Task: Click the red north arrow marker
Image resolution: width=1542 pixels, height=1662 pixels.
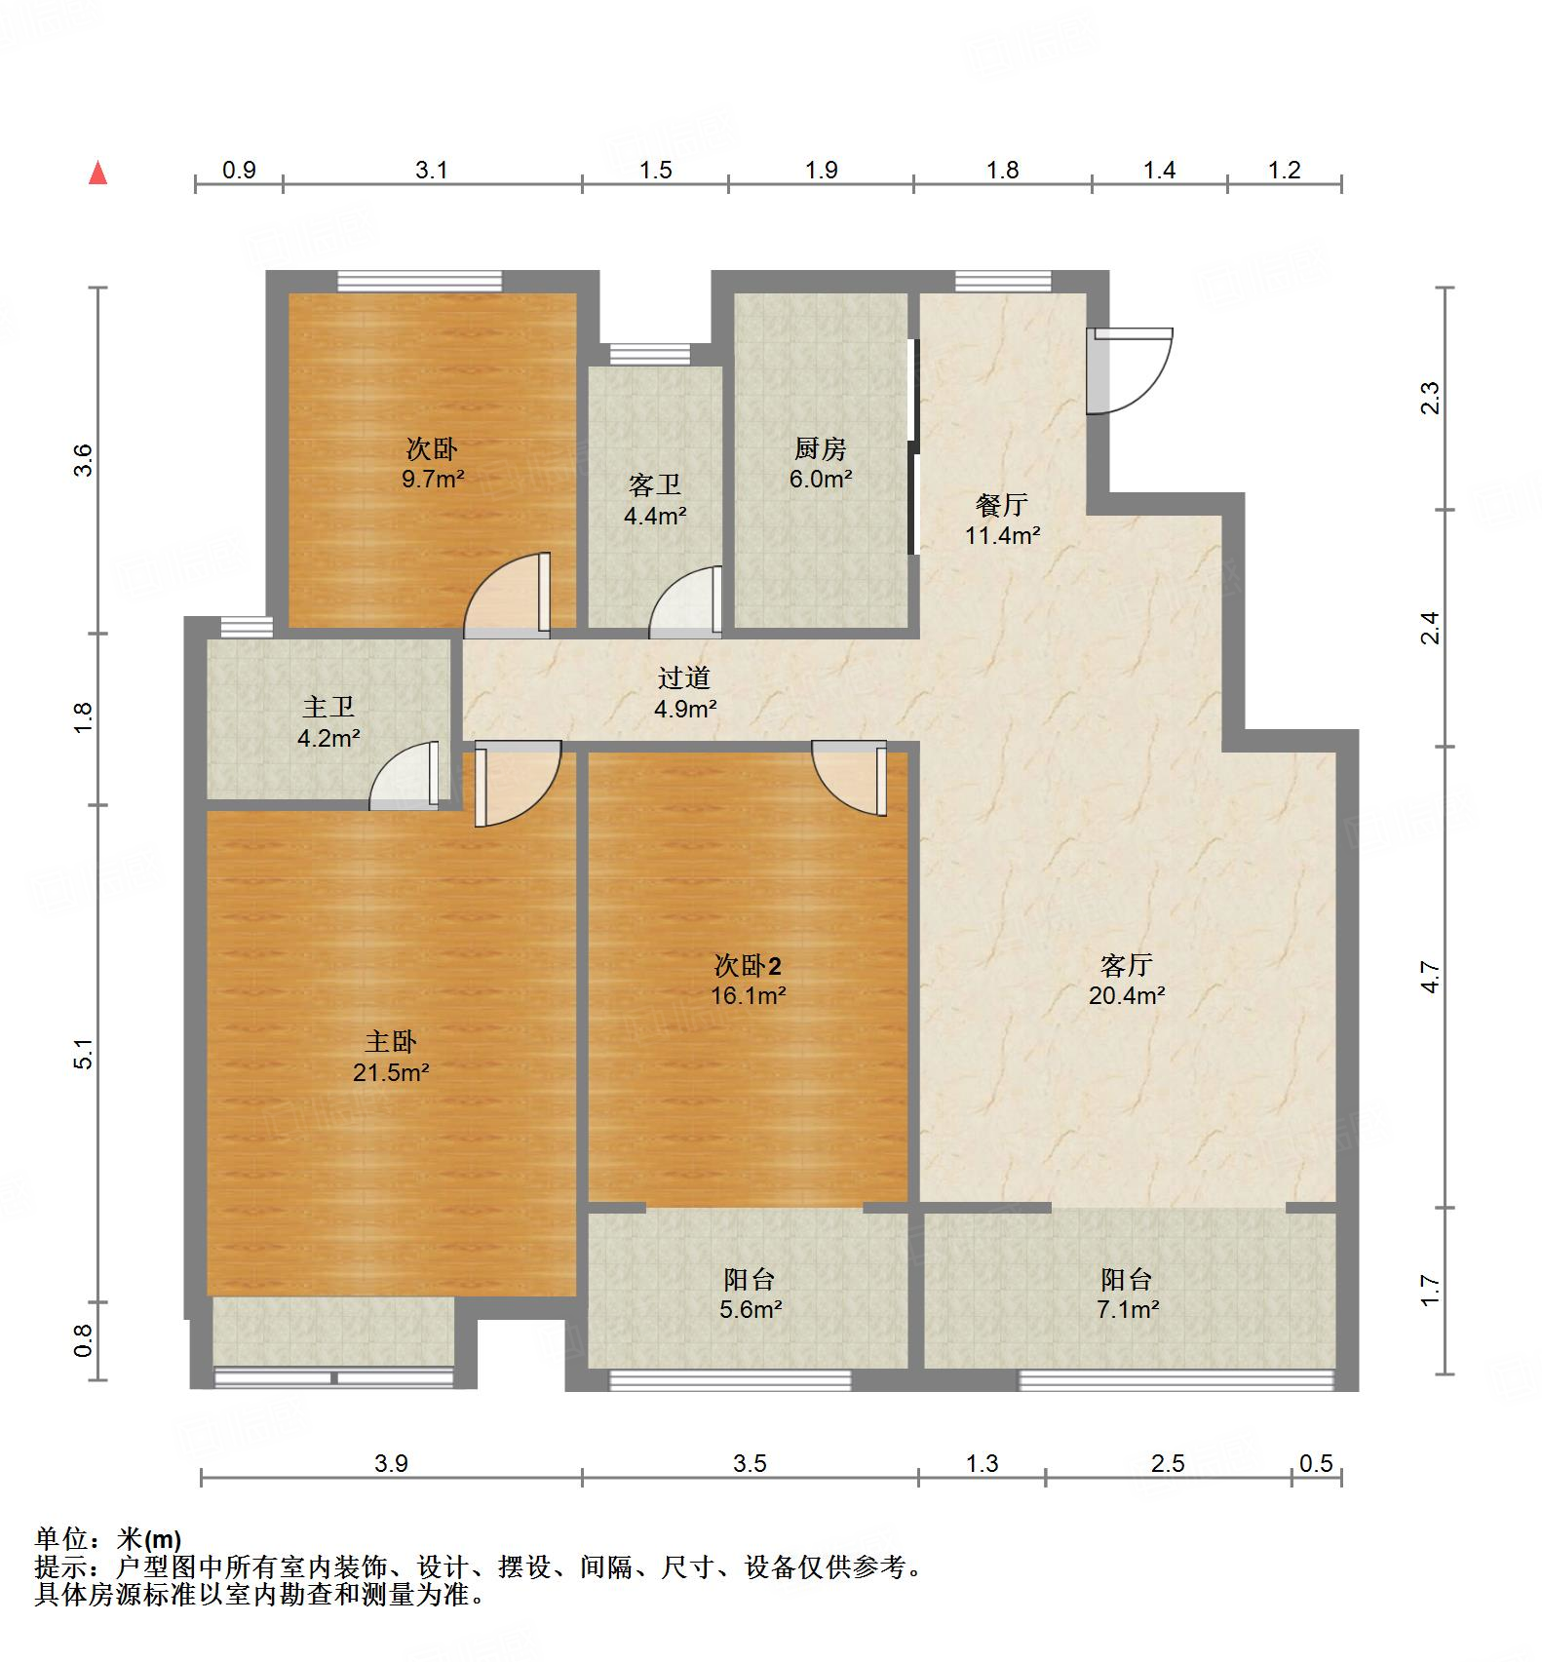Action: tap(97, 174)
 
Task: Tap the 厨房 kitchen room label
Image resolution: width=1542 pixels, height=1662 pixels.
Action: tap(820, 449)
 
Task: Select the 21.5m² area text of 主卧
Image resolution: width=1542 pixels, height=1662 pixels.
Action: tap(391, 1073)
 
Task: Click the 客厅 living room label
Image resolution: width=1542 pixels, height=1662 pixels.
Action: tap(1127, 965)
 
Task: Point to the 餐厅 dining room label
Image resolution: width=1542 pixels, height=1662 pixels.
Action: tap(1002, 505)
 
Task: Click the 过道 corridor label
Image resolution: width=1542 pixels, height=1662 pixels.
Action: tap(683, 677)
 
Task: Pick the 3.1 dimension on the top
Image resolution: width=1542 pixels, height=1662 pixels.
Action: tap(432, 171)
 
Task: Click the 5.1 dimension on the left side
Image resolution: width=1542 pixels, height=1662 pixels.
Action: tap(85, 1054)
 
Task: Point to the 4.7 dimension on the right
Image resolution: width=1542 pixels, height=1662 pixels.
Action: tap(1430, 977)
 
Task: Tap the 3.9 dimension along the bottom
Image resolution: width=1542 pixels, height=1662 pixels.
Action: tap(391, 1463)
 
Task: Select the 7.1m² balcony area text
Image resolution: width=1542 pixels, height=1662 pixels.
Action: tap(1127, 1310)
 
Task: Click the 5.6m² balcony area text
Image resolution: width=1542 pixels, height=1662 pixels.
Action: tap(750, 1310)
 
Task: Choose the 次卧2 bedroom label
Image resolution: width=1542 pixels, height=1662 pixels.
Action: tap(748, 966)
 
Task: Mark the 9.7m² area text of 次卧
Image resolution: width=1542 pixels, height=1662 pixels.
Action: tap(432, 480)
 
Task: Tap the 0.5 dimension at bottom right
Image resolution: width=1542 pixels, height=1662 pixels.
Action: tap(1316, 1463)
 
